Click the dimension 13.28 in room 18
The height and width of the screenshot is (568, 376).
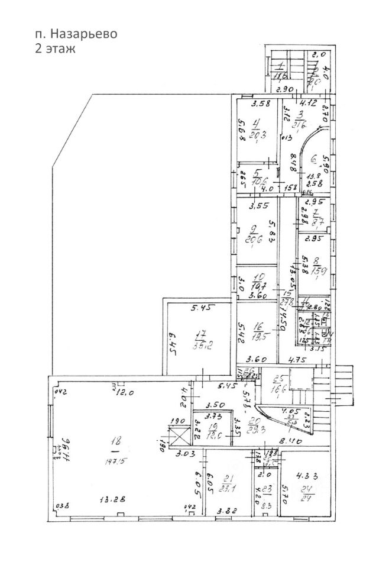[111, 498]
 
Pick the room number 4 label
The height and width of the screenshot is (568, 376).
[255, 125]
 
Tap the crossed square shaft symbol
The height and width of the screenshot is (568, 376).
[177, 437]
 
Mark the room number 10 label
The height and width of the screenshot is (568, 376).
[258, 277]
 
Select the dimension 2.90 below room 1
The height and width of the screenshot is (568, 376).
[286, 89]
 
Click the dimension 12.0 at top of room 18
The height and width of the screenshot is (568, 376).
[124, 393]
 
